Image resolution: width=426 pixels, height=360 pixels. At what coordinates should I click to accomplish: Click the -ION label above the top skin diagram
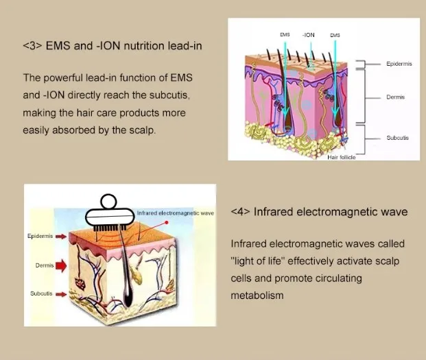[309, 34]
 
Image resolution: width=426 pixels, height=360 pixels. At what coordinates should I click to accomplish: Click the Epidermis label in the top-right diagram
[399, 64]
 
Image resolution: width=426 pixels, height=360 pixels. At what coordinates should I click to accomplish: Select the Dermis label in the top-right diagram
[395, 97]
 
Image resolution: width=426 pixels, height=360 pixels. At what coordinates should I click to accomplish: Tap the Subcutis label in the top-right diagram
[397, 138]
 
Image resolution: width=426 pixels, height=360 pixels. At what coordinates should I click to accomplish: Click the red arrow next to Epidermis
[60, 236]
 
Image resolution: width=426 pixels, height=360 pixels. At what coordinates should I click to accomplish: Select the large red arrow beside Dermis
[61, 264]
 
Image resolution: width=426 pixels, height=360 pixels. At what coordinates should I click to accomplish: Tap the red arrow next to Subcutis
[60, 293]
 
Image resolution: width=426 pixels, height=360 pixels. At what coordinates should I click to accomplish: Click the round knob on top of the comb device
[110, 202]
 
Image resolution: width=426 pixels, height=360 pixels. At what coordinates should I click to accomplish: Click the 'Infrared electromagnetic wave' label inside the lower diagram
[176, 213]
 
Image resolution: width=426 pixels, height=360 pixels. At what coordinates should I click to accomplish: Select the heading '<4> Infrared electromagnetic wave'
[319, 212]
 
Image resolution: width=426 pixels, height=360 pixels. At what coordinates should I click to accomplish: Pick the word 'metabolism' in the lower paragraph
[257, 296]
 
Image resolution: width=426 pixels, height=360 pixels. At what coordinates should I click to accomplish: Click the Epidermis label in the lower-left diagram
[40, 236]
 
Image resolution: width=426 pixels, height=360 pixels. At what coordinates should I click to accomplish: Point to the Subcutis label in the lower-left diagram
[41, 293]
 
